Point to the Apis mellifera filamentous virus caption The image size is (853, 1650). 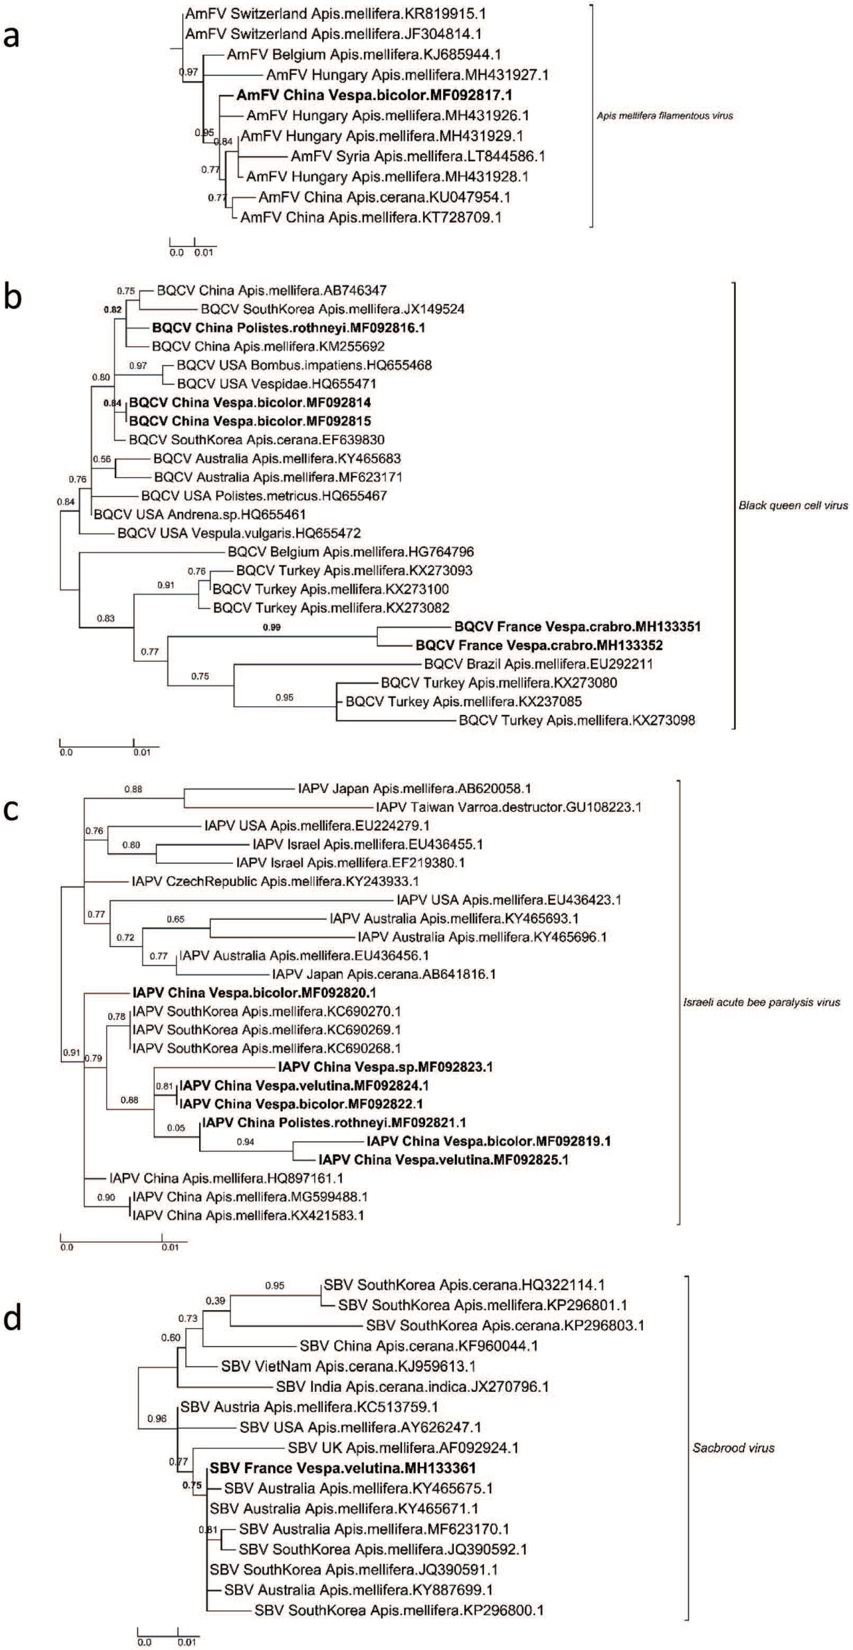[x=665, y=116]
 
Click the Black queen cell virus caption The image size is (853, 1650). [x=793, y=505]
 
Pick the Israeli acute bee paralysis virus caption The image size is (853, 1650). [x=761, y=1003]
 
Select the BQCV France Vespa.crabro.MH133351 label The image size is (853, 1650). [x=577, y=627]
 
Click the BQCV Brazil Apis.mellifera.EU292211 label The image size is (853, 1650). [x=538, y=664]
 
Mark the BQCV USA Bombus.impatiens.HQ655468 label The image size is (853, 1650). [x=304, y=365]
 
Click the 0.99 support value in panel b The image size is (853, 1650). [x=272, y=627]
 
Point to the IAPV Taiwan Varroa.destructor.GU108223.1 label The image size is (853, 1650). [x=508, y=807]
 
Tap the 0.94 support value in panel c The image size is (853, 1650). [x=245, y=1141]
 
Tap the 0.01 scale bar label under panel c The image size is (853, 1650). [x=170, y=1247]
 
